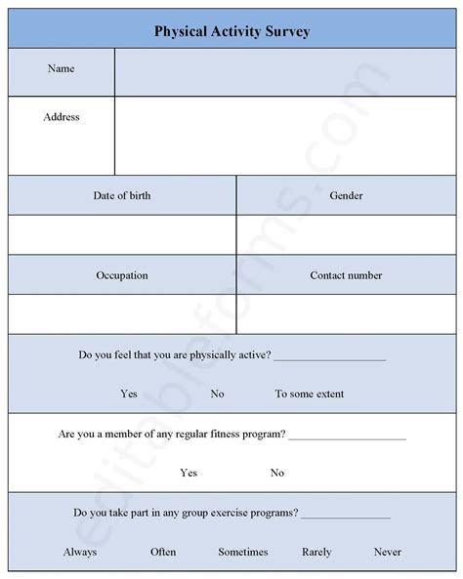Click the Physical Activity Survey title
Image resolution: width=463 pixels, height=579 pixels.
(x=231, y=30)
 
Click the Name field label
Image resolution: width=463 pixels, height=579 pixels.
(x=61, y=69)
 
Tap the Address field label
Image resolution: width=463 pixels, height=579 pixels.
(x=62, y=117)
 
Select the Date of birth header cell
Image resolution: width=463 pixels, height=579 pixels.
(x=122, y=195)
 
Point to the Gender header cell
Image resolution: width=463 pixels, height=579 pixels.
(x=346, y=195)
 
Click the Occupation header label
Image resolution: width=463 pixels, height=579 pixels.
(x=122, y=275)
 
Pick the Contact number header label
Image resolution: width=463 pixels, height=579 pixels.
(x=346, y=275)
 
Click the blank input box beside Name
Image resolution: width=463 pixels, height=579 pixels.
(x=284, y=73)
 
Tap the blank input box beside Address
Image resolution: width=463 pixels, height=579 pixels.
(x=284, y=136)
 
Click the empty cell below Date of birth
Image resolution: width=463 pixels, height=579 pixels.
(x=122, y=234)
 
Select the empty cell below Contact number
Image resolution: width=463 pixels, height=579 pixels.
(x=346, y=313)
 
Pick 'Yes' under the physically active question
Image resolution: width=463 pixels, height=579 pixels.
(x=129, y=393)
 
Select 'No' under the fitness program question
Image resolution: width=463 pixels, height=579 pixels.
(x=277, y=473)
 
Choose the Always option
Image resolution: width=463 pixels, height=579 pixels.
(x=80, y=552)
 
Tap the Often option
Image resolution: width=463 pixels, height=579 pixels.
(x=163, y=552)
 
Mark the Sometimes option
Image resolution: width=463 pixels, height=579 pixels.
(x=242, y=552)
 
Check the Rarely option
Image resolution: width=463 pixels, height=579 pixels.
(x=316, y=552)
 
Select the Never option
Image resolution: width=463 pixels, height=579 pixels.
(x=387, y=552)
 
